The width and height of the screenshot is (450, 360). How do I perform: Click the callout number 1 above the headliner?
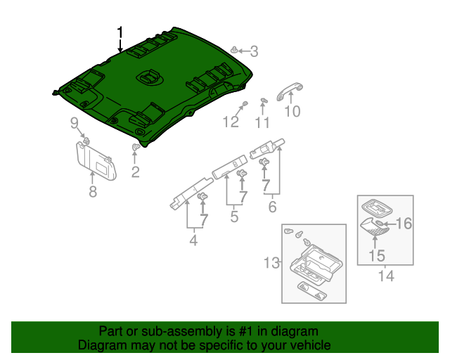(x=120, y=32)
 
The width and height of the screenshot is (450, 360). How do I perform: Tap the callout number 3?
(x=255, y=51)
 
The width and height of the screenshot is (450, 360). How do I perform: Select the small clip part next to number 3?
(x=233, y=50)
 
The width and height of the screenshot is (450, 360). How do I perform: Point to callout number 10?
(x=292, y=111)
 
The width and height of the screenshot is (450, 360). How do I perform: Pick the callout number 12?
(x=231, y=123)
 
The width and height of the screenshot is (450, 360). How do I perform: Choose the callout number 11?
(x=262, y=123)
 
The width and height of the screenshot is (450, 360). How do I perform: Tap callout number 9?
(x=74, y=124)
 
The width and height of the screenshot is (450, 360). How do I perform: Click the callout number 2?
(x=135, y=171)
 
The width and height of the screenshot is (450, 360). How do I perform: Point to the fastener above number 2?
(x=135, y=148)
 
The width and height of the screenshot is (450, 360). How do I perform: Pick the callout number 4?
(x=193, y=241)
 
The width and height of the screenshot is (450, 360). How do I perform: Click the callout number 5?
(x=235, y=218)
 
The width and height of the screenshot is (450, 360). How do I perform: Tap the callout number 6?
(x=271, y=207)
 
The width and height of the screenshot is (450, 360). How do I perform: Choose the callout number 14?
(x=386, y=276)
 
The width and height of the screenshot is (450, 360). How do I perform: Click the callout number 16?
(x=404, y=224)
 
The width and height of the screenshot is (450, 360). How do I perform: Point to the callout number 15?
(x=377, y=255)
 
